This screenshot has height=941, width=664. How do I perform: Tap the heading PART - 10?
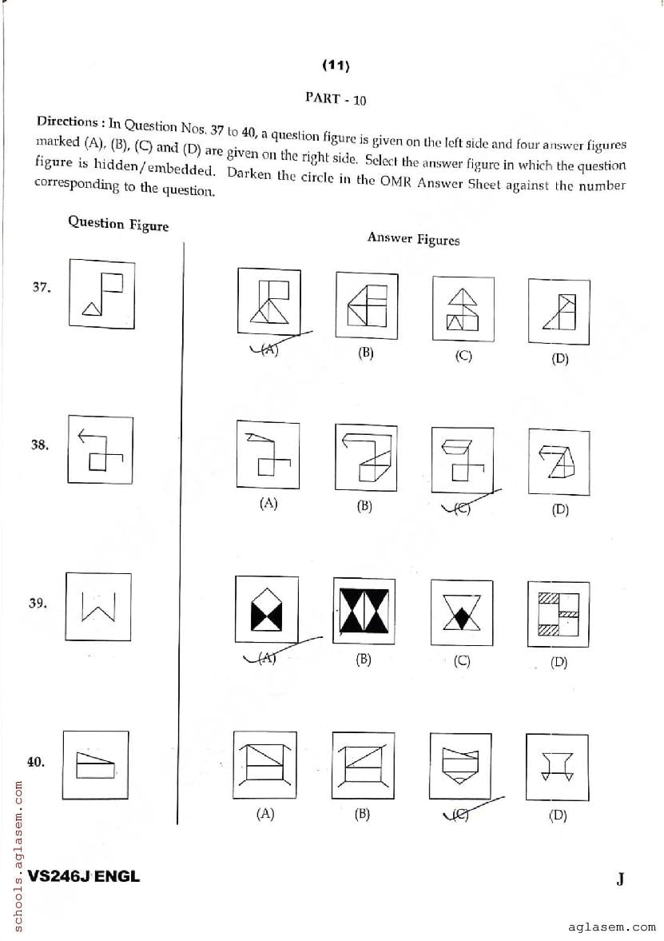click(336, 99)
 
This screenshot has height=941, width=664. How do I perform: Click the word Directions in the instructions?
click(66, 122)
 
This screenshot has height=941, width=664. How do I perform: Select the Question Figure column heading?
click(118, 224)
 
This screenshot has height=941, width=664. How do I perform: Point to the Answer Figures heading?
click(413, 238)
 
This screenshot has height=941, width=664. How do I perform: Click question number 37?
click(42, 288)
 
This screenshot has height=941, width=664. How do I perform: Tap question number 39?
click(37, 604)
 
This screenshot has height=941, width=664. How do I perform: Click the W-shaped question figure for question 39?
click(97, 607)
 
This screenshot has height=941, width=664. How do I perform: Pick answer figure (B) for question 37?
click(365, 305)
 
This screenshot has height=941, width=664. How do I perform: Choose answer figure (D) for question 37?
click(559, 310)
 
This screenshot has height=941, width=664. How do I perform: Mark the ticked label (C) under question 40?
click(462, 815)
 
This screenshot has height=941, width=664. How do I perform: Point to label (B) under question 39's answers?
click(364, 660)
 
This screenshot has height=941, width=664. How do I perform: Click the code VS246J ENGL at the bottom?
click(83, 876)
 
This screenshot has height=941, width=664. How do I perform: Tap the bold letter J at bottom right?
click(620, 879)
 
